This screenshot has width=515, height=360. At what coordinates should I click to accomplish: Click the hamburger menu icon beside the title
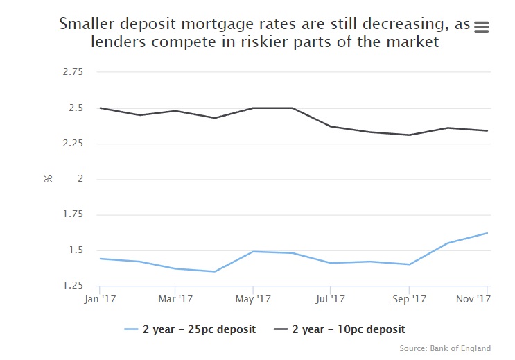pyautogui.click(x=482, y=26)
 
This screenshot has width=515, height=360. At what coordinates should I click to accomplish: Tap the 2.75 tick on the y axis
pyautogui.click(x=72, y=72)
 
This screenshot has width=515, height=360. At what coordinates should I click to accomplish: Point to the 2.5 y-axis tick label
pyautogui.click(x=76, y=108)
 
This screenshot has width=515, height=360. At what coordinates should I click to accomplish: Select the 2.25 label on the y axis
pyautogui.click(x=72, y=144)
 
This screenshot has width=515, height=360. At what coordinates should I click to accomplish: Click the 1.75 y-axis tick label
pyautogui.click(x=72, y=215)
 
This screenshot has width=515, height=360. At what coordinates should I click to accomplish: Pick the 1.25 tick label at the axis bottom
pyautogui.click(x=72, y=286)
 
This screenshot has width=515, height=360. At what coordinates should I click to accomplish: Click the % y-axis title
pyautogui.click(x=49, y=179)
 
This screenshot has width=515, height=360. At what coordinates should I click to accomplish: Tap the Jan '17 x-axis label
pyautogui.click(x=99, y=299)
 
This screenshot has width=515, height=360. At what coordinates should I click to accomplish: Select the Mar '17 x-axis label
pyautogui.click(x=175, y=299)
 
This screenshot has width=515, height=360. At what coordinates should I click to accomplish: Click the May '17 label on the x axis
pyautogui.click(x=253, y=299)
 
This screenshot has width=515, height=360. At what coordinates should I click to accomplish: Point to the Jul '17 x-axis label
pyautogui.click(x=331, y=299)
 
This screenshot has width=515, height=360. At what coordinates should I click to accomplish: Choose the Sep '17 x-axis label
pyautogui.click(x=409, y=299)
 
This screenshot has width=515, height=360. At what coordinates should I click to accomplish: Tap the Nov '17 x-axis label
pyautogui.click(x=474, y=299)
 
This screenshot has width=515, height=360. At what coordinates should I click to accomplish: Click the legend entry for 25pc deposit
pyautogui.click(x=191, y=329)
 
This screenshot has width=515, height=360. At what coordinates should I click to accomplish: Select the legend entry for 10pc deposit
pyautogui.click(x=340, y=329)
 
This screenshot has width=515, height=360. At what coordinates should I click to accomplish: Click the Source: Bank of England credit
pyautogui.click(x=446, y=348)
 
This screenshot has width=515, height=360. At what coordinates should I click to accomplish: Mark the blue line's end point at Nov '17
pyautogui.click(x=488, y=233)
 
